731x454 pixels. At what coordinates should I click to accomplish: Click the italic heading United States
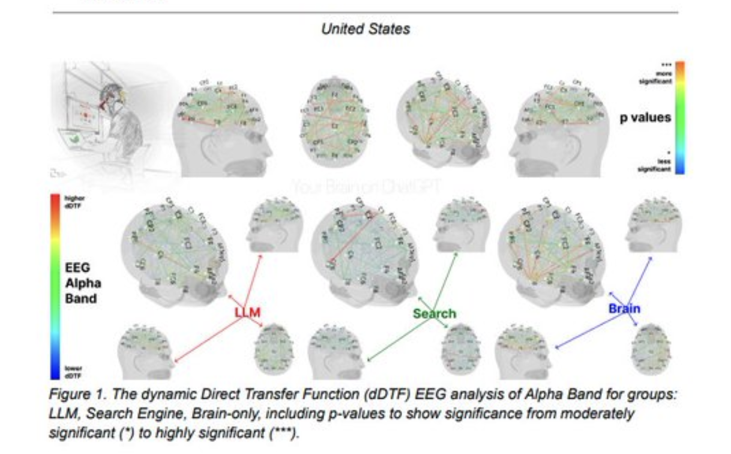[365, 29]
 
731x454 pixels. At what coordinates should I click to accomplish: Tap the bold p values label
[646, 118]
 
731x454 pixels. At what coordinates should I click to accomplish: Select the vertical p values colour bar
[680, 117]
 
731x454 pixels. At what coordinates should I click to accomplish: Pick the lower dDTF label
[74, 372]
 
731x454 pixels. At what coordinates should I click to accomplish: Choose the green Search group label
[434, 313]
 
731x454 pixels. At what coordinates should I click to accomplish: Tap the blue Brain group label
[624, 309]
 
